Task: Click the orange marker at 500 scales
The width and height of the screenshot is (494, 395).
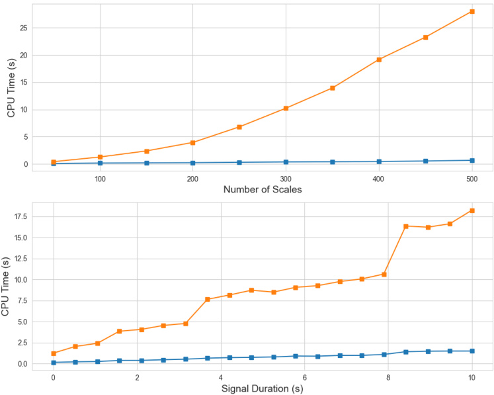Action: point(472,11)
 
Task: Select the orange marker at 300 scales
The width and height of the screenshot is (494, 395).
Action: point(286,108)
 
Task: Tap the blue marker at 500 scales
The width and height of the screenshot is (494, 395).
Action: point(472,160)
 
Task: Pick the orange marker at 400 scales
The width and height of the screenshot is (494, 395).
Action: point(379,60)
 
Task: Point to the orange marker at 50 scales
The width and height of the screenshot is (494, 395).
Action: point(54,161)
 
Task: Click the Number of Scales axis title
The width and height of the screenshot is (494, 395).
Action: point(263,190)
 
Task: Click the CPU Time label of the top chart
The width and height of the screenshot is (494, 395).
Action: point(11,87)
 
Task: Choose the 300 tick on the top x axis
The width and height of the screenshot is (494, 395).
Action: point(286,178)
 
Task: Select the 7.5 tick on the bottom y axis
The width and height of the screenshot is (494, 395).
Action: point(21,300)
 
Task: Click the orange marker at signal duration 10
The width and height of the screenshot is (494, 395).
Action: point(472,210)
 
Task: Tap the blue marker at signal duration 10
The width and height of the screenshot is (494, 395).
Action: point(472,351)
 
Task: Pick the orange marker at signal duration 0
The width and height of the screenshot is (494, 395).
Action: point(54,353)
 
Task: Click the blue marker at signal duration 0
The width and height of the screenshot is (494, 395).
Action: point(54,362)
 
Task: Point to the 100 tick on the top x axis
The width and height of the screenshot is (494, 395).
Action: point(100,178)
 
